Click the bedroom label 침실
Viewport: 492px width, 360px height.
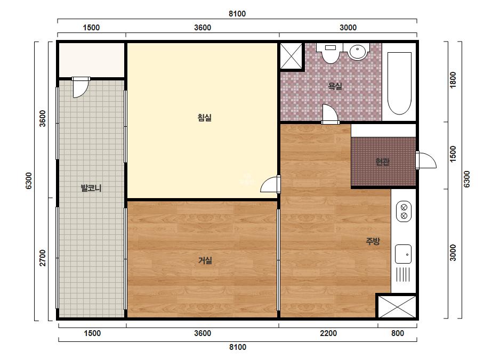pos(204,118)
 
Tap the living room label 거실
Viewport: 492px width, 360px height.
pos(205,260)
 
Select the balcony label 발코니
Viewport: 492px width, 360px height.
pos(91,188)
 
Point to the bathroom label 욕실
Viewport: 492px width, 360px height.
pos(335,86)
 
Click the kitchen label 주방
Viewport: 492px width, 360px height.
pos(373,241)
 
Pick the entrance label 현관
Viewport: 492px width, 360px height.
pos(383,161)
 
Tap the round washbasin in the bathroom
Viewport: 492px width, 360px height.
pos(358,52)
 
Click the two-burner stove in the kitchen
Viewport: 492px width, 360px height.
pos(404,211)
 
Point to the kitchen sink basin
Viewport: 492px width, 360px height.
pos(403,254)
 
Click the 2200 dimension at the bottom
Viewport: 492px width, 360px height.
pos(328,333)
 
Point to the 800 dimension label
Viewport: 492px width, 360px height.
pos(398,333)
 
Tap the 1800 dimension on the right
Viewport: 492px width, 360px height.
pos(453,80)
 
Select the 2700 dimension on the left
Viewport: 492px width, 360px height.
pos(43,258)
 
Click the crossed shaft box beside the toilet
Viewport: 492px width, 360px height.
pos(291,56)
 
